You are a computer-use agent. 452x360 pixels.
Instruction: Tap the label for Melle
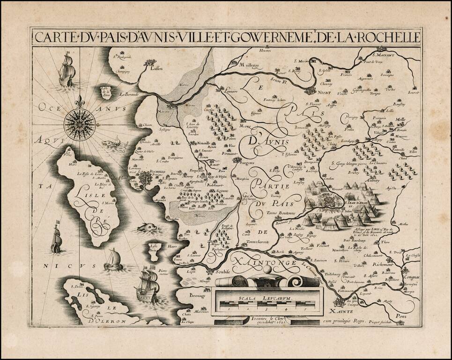tap(401, 119)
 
